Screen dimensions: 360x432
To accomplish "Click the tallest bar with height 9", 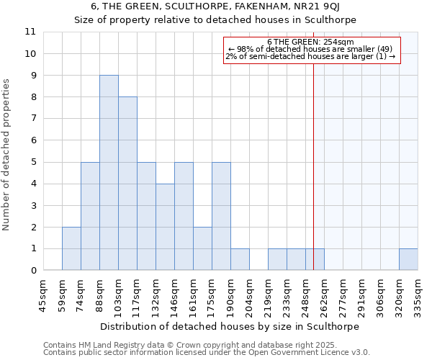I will [x=109, y=173].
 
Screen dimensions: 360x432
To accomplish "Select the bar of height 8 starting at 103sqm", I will [x=127, y=184].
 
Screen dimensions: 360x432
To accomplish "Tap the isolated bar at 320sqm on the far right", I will [x=408, y=259].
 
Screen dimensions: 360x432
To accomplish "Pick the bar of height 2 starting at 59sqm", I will [x=71, y=248].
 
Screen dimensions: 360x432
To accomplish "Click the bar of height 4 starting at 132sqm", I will [x=165, y=227].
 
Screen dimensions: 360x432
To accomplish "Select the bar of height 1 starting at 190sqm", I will [x=240, y=259].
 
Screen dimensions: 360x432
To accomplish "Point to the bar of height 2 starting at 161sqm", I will [x=202, y=248].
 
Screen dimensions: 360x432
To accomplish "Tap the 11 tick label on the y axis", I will [x=30, y=32].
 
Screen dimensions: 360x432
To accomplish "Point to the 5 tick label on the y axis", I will [x=33, y=162].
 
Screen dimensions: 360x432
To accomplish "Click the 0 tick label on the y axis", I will [x=33, y=271].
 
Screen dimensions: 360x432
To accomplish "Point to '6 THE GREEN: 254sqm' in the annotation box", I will [x=310, y=42].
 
